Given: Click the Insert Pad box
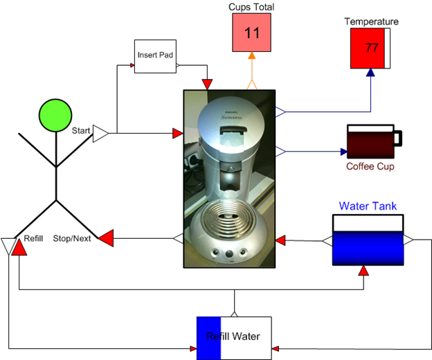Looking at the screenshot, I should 156,57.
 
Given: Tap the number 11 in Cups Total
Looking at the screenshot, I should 251,33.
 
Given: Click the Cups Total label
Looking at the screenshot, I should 251,7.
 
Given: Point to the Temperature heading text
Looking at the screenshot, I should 371,21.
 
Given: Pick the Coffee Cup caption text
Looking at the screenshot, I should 370,166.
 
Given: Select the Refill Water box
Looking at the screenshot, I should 234,337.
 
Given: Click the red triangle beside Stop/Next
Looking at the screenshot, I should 106,239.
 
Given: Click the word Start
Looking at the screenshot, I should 82,129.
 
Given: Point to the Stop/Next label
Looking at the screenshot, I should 73,238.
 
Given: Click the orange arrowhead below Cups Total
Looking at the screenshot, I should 251,56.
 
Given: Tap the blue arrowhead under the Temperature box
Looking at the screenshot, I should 371,73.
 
